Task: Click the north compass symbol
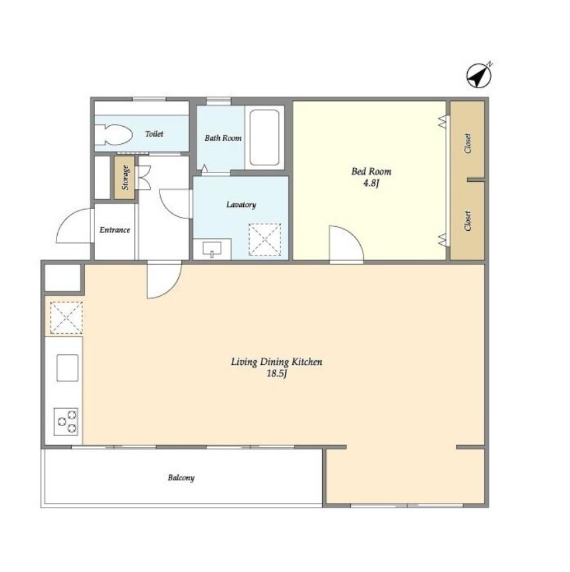click(x=479, y=76)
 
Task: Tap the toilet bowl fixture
click(x=114, y=135)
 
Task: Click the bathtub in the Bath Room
click(x=264, y=137)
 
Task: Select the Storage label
click(x=126, y=178)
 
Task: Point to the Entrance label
click(x=115, y=230)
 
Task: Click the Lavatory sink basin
click(x=212, y=249)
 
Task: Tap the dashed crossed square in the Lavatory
click(x=264, y=240)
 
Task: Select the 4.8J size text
click(x=371, y=182)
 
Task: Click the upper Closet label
click(x=468, y=143)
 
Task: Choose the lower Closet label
click(x=468, y=221)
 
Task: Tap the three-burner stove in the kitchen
click(x=66, y=422)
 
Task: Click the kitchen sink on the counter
click(x=68, y=368)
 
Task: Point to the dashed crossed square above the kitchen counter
click(x=66, y=317)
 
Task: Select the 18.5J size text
click(x=277, y=374)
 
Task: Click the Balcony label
click(x=181, y=478)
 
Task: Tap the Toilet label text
click(x=154, y=134)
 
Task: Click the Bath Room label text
click(x=223, y=138)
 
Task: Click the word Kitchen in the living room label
click(x=307, y=362)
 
